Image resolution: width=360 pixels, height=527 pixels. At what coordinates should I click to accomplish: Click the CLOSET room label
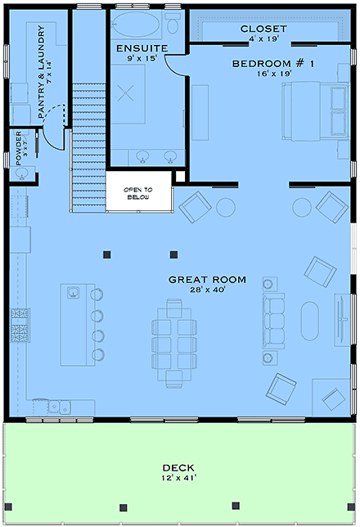(263, 29)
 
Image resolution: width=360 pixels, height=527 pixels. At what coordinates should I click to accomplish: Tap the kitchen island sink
(71, 292)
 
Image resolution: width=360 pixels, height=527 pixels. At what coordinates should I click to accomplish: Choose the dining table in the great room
(173, 341)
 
